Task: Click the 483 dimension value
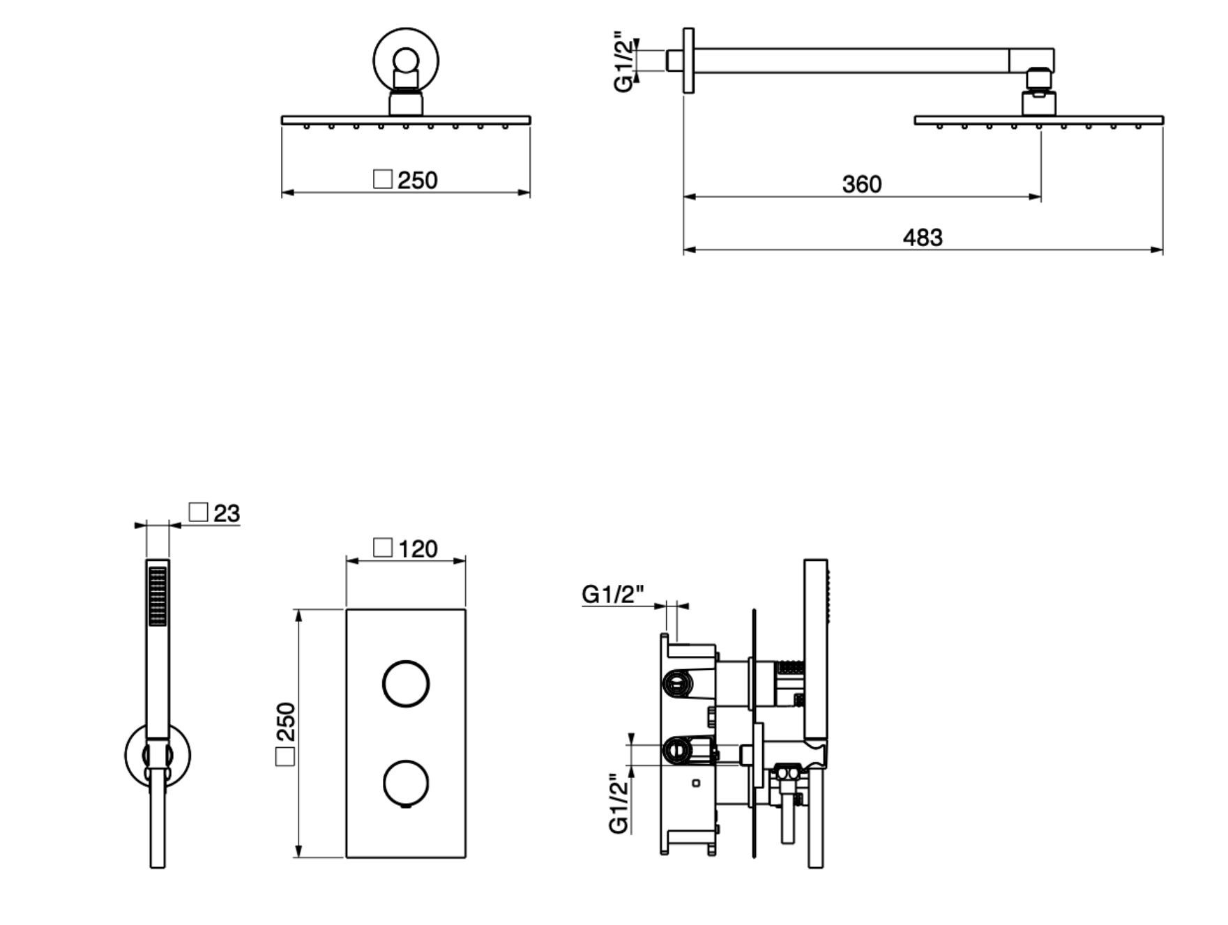922,238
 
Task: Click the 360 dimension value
861,184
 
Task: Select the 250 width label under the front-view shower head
417,180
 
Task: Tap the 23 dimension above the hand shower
226,514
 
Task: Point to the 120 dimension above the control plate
418,549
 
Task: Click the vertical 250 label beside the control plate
286,722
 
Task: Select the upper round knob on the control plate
406,683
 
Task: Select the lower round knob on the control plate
406,781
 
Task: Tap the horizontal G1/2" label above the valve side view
612,595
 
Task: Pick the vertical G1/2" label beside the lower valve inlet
619,804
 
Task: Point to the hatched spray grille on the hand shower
158,596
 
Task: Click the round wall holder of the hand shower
158,755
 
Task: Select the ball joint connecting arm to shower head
1038,79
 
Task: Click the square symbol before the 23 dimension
199,512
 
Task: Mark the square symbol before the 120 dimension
383,548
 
